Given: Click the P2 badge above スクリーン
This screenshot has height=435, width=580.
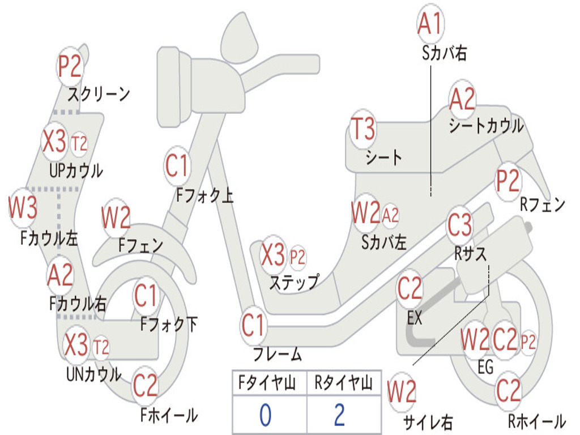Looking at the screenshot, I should (x=71, y=67).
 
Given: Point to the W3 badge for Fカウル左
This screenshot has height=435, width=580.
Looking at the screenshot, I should (x=23, y=208).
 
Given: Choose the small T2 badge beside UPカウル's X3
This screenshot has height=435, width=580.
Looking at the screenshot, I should (x=79, y=143).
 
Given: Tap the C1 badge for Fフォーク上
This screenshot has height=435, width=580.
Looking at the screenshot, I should (x=177, y=165).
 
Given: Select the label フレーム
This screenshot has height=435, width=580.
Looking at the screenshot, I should (x=278, y=355).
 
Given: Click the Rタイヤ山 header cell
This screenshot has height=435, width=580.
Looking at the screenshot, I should (x=343, y=385).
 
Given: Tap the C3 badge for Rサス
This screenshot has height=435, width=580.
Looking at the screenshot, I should (x=459, y=225).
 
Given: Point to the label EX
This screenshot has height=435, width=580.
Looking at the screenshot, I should (x=415, y=318).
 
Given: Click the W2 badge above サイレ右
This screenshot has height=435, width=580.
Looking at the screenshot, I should (x=402, y=392).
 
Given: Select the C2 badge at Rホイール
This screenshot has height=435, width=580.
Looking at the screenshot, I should (x=508, y=390).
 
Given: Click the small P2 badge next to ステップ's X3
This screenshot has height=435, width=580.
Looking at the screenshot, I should (x=297, y=258).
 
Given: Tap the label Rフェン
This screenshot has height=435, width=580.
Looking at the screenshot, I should (x=543, y=205).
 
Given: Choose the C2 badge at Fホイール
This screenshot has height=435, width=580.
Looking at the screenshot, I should (x=146, y=386).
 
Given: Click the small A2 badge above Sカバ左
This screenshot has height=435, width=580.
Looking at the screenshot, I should (x=390, y=215).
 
